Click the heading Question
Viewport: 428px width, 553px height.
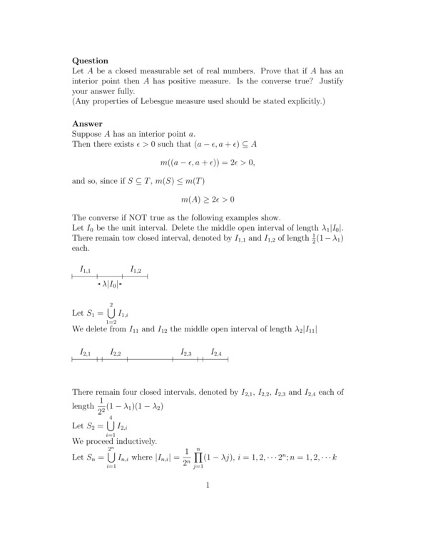click(x=90, y=61)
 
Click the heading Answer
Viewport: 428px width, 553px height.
click(x=87, y=123)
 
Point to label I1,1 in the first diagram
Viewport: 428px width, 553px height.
click(x=86, y=269)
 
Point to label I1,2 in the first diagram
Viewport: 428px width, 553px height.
click(x=136, y=269)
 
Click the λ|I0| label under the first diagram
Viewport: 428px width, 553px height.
click(x=111, y=285)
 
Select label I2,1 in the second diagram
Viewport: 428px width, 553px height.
click(x=86, y=353)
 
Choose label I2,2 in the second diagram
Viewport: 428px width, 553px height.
click(x=116, y=353)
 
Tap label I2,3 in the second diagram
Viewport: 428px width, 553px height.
click(x=186, y=353)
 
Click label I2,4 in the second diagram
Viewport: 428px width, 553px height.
click(x=216, y=353)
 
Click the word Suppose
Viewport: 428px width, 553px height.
click(x=88, y=134)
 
